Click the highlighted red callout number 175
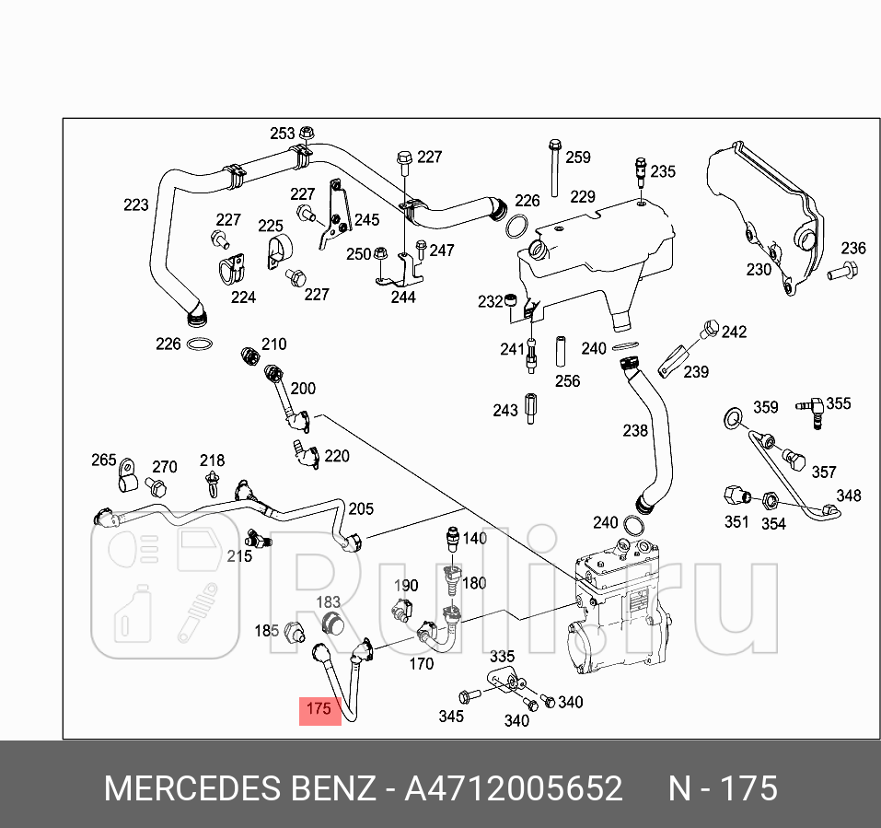(319, 709)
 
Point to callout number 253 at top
(283, 134)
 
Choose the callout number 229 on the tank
(582, 197)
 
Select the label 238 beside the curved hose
(634, 430)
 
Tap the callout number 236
(853, 248)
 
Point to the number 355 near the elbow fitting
(838, 403)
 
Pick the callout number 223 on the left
(136, 204)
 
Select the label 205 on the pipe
(361, 508)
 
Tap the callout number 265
(104, 461)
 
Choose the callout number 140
(474, 538)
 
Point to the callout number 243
(505, 410)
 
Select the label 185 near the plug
(266, 631)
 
